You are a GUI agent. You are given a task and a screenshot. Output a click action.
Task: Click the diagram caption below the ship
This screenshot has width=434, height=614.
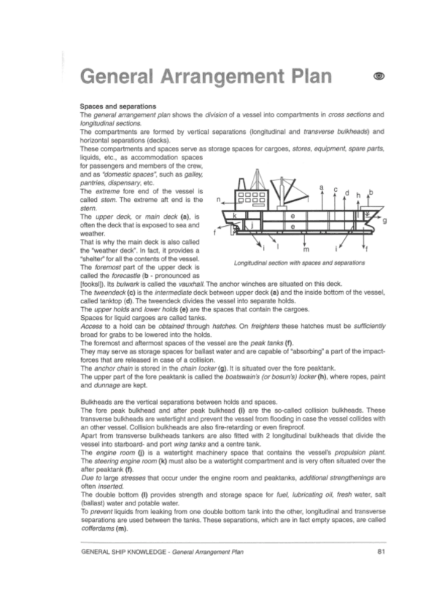pos(299,261)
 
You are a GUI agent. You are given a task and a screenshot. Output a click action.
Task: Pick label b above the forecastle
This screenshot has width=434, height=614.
pos(370,191)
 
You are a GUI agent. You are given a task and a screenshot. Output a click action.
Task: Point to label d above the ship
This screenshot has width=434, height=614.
pos(347,193)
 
